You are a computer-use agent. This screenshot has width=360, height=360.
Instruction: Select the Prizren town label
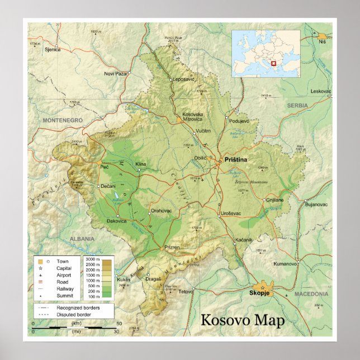point(172,247)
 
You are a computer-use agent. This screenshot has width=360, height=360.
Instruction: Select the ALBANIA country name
point(82,239)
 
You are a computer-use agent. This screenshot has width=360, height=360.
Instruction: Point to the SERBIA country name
point(297,105)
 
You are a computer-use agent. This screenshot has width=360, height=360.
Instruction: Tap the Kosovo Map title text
point(242,320)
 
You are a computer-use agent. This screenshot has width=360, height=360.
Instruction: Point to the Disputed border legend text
point(74,315)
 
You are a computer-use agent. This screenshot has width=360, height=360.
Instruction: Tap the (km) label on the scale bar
point(76,324)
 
